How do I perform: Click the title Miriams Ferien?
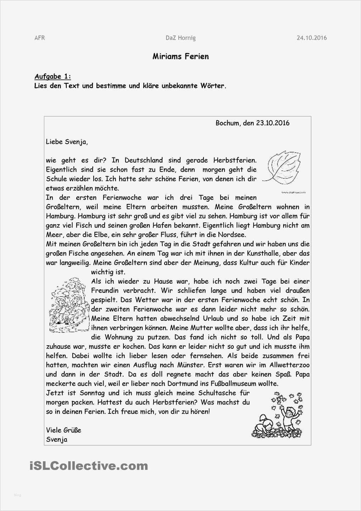(x=180, y=56)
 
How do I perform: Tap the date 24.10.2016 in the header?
(x=311, y=38)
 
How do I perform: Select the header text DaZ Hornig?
(x=180, y=38)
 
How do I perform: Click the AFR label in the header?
(x=40, y=38)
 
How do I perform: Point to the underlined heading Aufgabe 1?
(x=52, y=76)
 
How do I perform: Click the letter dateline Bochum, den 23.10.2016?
(x=252, y=123)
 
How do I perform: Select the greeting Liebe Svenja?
(x=67, y=142)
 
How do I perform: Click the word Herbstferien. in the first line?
(x=234, y=160)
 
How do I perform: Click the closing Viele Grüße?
(x=63, y=430)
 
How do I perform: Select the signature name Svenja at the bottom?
(x=57, y=439)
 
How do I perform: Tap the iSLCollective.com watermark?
(x=89, y=466)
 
